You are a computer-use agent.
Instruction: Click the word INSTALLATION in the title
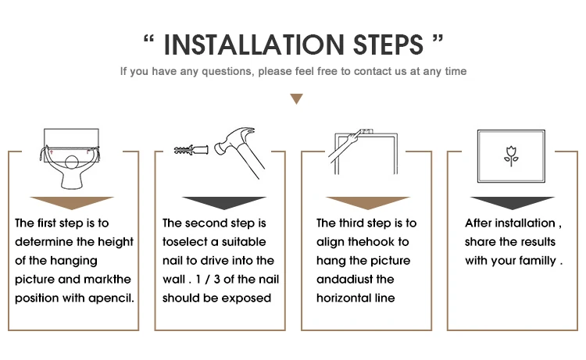tap(254, 45)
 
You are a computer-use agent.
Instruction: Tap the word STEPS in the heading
tap(388, 45)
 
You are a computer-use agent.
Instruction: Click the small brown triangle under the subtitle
tap(296, 98)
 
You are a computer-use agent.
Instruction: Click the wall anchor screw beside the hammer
tap(191, 150)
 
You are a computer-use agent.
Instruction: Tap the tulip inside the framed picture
tap(511, 156)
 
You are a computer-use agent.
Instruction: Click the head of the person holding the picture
tap(72, 162)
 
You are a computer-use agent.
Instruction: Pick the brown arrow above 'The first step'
tap(72, 202)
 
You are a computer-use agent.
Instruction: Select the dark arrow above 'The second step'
tap(224, 202)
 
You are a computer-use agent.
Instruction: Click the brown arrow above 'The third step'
tap(368, 202)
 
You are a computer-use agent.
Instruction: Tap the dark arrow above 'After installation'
tap(513, 202)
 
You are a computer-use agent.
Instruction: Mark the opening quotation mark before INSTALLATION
tap(148, 40)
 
